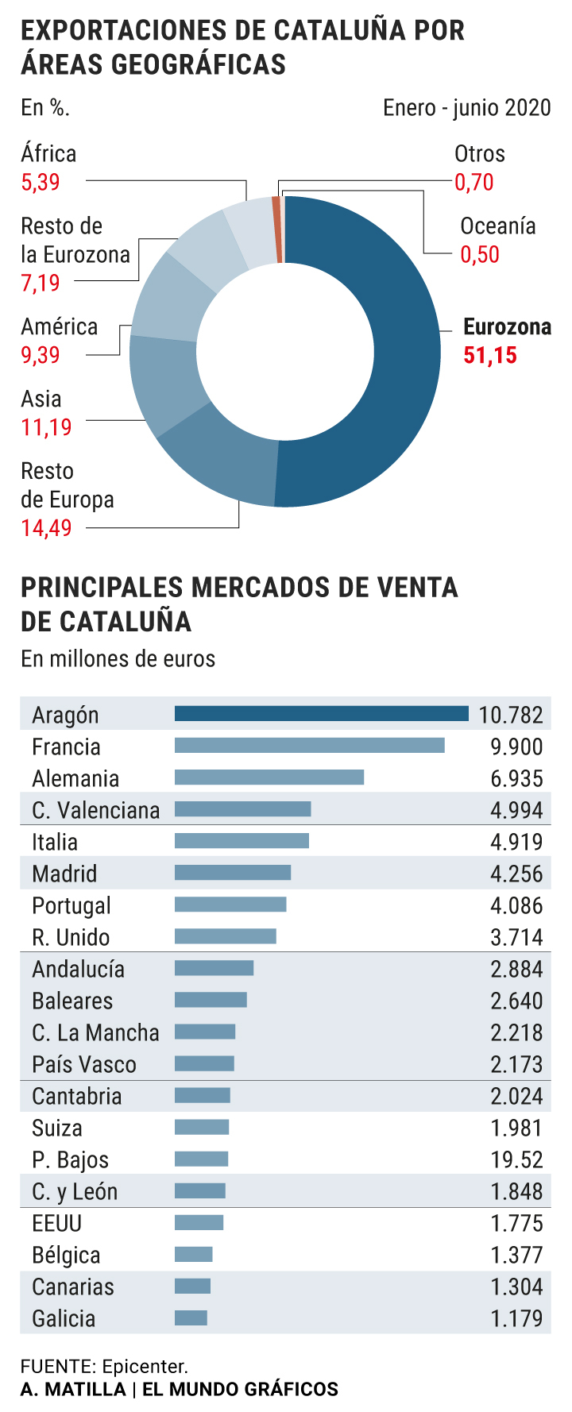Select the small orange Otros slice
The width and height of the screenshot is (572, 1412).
click(x=276, y=229)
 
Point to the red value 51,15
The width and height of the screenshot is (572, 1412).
click(x=490, y=355)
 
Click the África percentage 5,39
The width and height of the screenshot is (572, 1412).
click(x=41, y=182)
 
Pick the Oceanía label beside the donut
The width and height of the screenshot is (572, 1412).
click(x=498, y=226)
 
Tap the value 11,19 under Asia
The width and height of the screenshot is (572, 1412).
click(x=46, y=427)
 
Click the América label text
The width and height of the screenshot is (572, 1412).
click(x=60, y=326)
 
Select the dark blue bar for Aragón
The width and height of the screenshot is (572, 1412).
click(x=321, y=714)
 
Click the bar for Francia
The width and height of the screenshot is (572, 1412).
click(x=309, y=746)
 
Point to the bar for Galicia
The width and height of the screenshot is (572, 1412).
click(x=191, y=1317)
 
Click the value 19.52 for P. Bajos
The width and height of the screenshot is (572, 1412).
click(x=516, y=1159)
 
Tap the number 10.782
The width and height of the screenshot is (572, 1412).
click(x=511, y=715)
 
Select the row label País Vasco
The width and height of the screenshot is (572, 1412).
click(x=84, y=1064)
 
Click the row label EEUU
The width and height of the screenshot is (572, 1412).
click(x=57, y=1223)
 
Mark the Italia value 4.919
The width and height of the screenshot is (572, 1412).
click(x=516, y=842)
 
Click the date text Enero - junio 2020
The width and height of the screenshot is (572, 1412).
click(x=466, y=108)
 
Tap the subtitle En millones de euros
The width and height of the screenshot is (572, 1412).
click(x=118, y=659)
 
